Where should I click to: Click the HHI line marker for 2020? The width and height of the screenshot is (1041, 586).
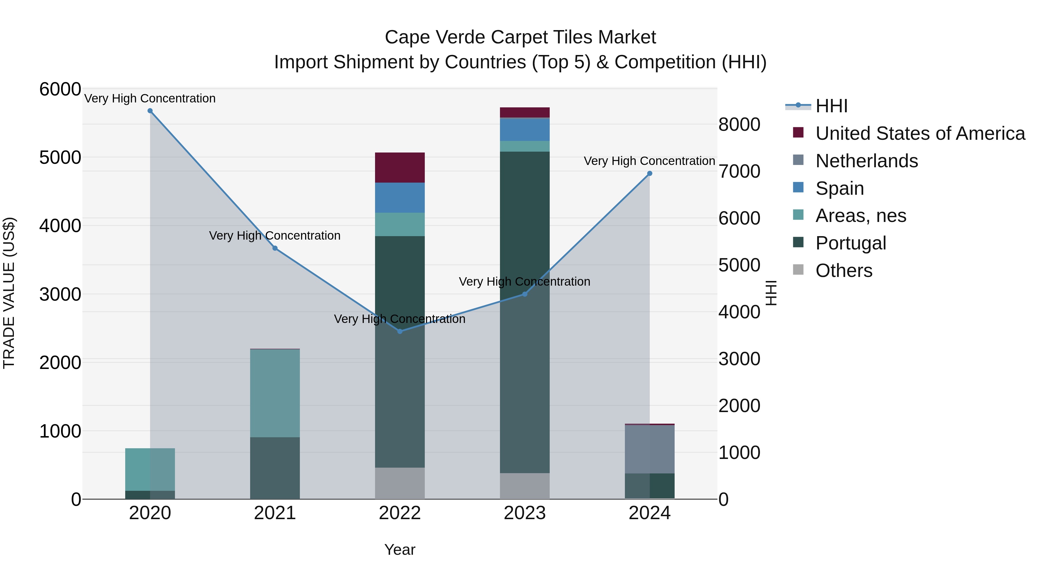150,111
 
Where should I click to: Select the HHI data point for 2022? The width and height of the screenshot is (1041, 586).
400,331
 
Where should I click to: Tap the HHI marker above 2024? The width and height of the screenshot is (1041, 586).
649,174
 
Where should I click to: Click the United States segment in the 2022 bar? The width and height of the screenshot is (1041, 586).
400,168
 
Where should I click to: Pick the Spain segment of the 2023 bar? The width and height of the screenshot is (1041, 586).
525,129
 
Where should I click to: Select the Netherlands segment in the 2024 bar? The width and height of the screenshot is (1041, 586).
649,449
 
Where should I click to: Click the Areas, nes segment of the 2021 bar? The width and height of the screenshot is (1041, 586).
275,393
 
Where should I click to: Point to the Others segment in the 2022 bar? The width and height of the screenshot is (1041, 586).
400,483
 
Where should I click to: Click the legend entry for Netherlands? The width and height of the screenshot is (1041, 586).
866,161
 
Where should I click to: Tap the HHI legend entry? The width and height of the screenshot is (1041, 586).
831,106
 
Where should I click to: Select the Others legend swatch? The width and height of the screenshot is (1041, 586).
798,270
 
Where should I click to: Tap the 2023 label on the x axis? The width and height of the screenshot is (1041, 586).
525,513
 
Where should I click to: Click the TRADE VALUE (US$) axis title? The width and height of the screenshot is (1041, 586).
9,293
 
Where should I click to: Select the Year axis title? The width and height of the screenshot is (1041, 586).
400,550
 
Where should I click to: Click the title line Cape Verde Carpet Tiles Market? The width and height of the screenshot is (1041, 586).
520,37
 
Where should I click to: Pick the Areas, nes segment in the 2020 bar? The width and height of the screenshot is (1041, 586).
150,469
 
